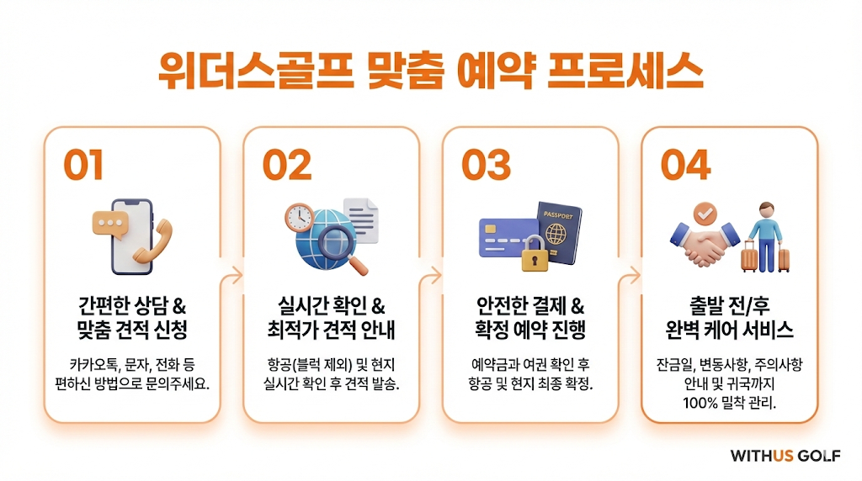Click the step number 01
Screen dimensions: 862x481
point(83,165)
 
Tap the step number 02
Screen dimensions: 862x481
point(287,165)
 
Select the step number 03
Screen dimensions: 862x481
point(486,165)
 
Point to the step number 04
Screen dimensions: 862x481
point(685,165)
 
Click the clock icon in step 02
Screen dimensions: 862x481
point(299,218)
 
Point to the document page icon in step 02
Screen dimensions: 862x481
point(361,220)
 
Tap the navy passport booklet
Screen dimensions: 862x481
point(559,233)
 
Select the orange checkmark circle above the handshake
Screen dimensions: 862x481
point(705,213)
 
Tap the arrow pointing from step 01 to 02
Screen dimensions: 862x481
point(231,275)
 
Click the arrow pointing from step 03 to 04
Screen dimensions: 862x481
point(630,275)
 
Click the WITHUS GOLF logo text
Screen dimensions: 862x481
point(785,456)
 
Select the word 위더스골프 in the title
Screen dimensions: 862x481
point(256,71)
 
